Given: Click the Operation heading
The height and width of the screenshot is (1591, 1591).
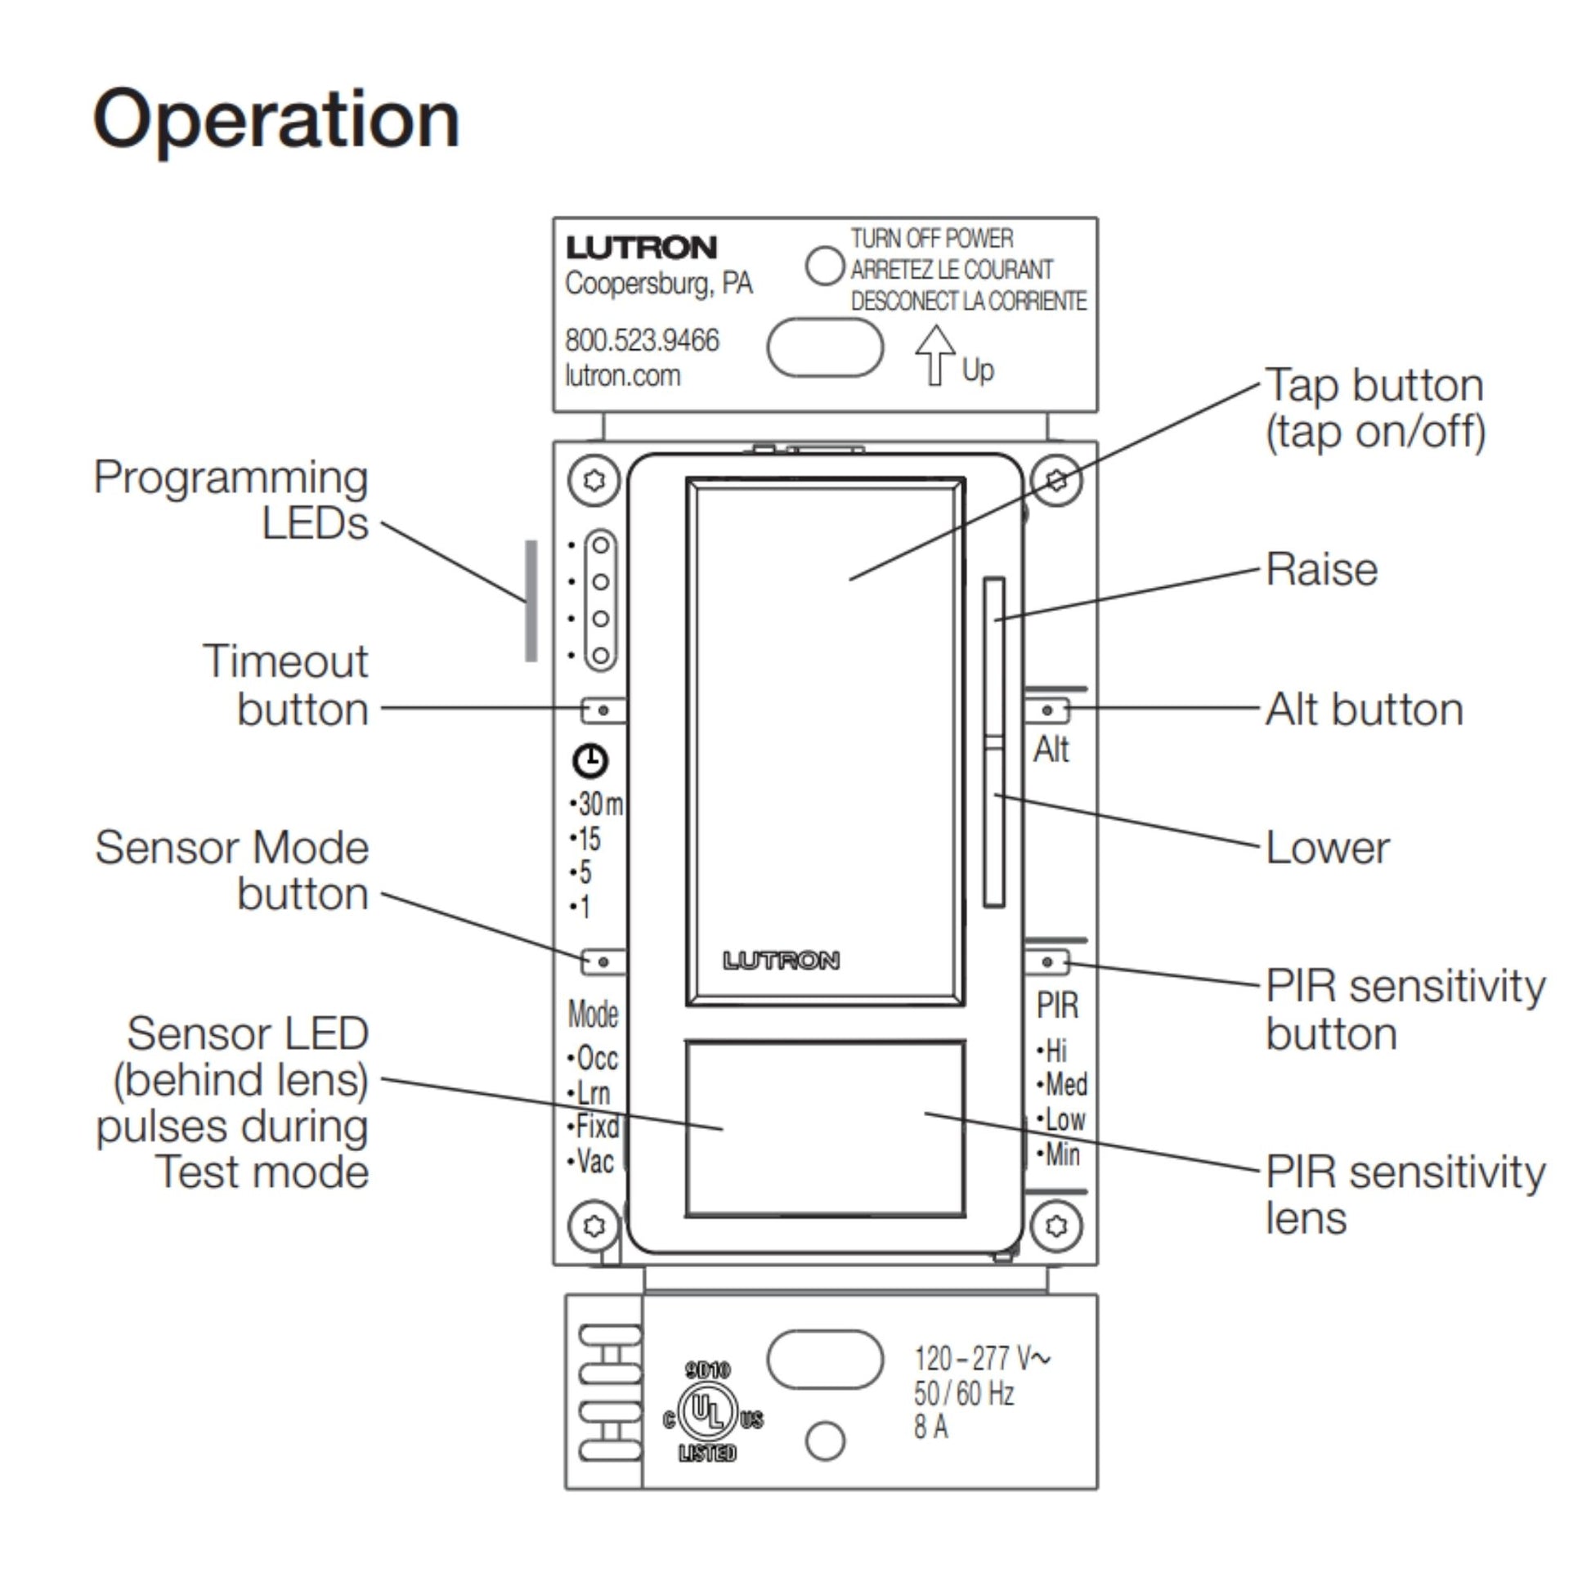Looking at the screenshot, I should (x=276, y=121).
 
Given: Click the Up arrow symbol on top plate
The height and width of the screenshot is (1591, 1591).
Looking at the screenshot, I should (x=934, y=355).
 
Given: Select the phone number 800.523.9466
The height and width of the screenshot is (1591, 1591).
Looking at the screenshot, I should (x=642, y=340).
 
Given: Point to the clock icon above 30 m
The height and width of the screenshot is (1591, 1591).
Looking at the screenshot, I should (x=589, y=760).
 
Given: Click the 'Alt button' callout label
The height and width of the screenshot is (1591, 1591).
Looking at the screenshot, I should (x=1364, y=710).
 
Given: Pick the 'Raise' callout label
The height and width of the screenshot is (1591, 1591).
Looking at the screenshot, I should (x=1321, y=570).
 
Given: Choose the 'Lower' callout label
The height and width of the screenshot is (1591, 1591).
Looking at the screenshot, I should (x=1327, y=848).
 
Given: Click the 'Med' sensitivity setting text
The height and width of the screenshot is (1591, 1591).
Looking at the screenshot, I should (x=1065, y=1085).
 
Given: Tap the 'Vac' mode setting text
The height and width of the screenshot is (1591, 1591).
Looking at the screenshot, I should (x=594, y=1162).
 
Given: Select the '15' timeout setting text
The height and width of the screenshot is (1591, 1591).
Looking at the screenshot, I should (x=588, y=839).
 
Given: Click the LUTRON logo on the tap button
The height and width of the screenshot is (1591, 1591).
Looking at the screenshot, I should (x=781, y=960).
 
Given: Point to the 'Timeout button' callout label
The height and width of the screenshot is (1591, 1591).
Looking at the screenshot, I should (x=286, y=685).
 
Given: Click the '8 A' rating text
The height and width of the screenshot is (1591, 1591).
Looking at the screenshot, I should (x=930, y=1427).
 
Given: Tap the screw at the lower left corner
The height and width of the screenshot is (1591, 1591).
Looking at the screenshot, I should (x=594, y=1226).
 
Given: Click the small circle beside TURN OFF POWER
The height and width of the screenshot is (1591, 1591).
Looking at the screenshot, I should (x=824, y=266).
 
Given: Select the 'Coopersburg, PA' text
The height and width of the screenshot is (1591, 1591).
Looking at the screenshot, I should (x=658, y=283).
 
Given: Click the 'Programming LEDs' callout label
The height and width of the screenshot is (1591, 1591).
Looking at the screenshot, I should (x=231, y=500).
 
